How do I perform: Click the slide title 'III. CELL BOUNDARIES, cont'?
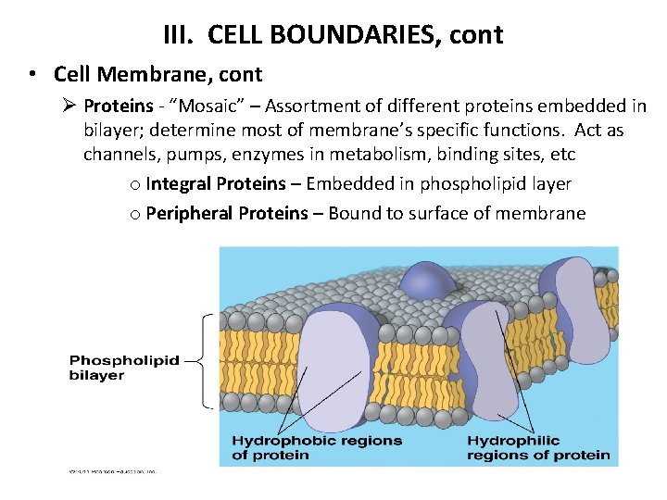333,35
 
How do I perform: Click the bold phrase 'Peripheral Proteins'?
227,214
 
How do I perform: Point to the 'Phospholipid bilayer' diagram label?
123,368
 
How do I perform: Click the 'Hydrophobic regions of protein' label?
316,447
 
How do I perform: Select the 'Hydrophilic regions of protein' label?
537,447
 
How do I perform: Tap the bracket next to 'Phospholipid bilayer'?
206,361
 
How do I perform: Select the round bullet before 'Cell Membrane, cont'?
32,74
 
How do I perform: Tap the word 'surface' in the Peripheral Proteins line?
413,214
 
